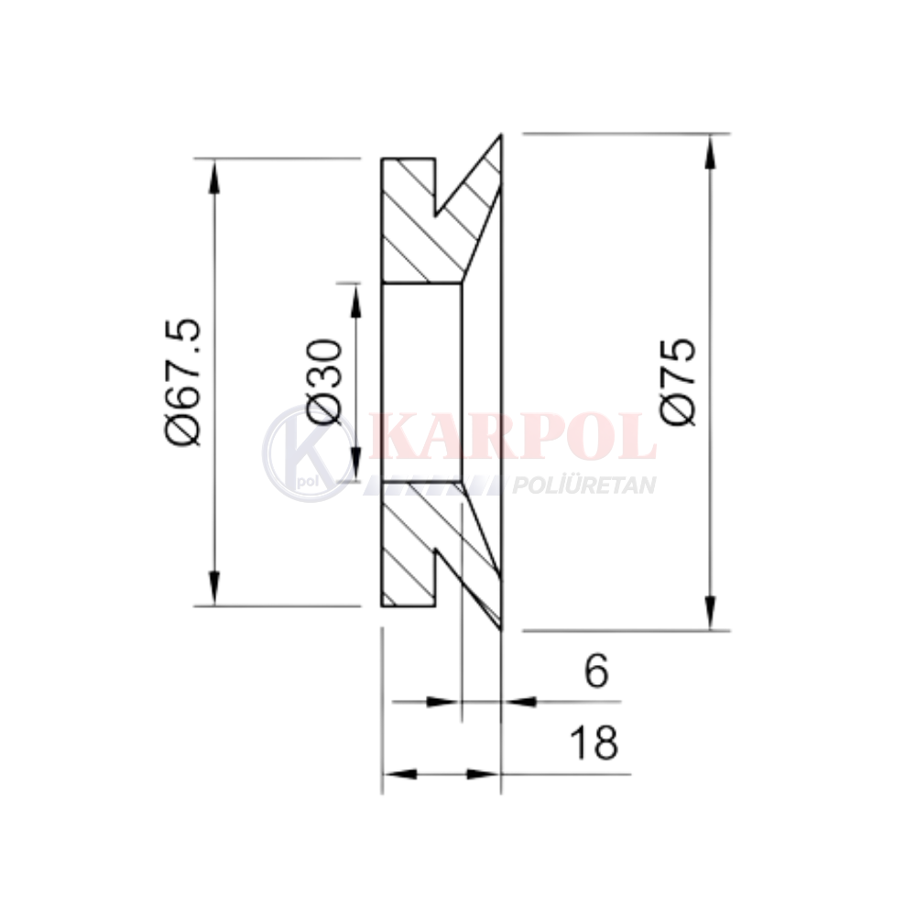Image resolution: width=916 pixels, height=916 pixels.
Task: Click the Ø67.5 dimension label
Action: pos(183,382)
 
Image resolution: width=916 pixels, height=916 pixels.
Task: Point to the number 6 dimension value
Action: pos(596,671)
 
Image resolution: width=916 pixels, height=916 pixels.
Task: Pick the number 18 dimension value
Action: pos(594,743)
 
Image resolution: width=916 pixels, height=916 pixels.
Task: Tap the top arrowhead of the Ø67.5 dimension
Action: pos(215,177)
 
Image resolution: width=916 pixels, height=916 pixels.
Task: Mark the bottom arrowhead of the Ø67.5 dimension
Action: pos(215,588)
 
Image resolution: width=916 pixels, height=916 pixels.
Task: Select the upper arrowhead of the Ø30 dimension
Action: pos(355,300)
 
